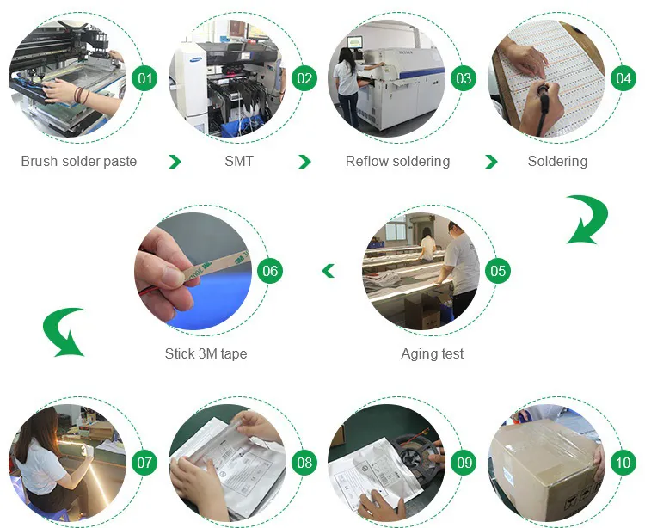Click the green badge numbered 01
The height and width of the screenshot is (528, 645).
pyautogui.click(x=146, y=79)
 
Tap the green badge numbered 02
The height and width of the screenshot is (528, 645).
pyautogui.click(x=304, y=79)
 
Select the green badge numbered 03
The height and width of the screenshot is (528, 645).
pyautogui.click(x=464, y=79)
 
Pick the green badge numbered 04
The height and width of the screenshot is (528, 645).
pyautogui.click(x=623, y=79)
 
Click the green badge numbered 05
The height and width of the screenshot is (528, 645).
pyautogui.click(x=497, y=272)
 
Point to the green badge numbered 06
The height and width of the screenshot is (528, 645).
pyautogui.click(x=270, y=272)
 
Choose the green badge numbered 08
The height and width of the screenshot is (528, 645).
pyautogui.click(x=304, y=463)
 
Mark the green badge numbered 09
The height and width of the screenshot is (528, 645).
pyautogui.click(x=464, y=463)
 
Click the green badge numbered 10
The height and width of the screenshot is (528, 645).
pyautogui.click(x=623, y=463)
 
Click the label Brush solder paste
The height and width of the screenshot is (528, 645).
pyautogui.click(x=79, y=162)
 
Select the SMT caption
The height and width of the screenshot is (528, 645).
pyautogui.click(x=239, y=162)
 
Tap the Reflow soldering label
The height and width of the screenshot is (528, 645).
pyautogui.click(x=397, y=162)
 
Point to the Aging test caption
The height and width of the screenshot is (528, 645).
pyautogui.click(x=433, y=353)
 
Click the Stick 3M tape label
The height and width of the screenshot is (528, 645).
pyautogui.click(x=206, y=353)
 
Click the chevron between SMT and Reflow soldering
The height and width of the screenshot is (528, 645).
pyautogui.click(x=304, y=162)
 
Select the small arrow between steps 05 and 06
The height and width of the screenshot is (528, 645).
pyautogui.click(x=328, y=272)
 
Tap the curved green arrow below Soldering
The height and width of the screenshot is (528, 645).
pyautogui.click(x=586, y=219)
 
